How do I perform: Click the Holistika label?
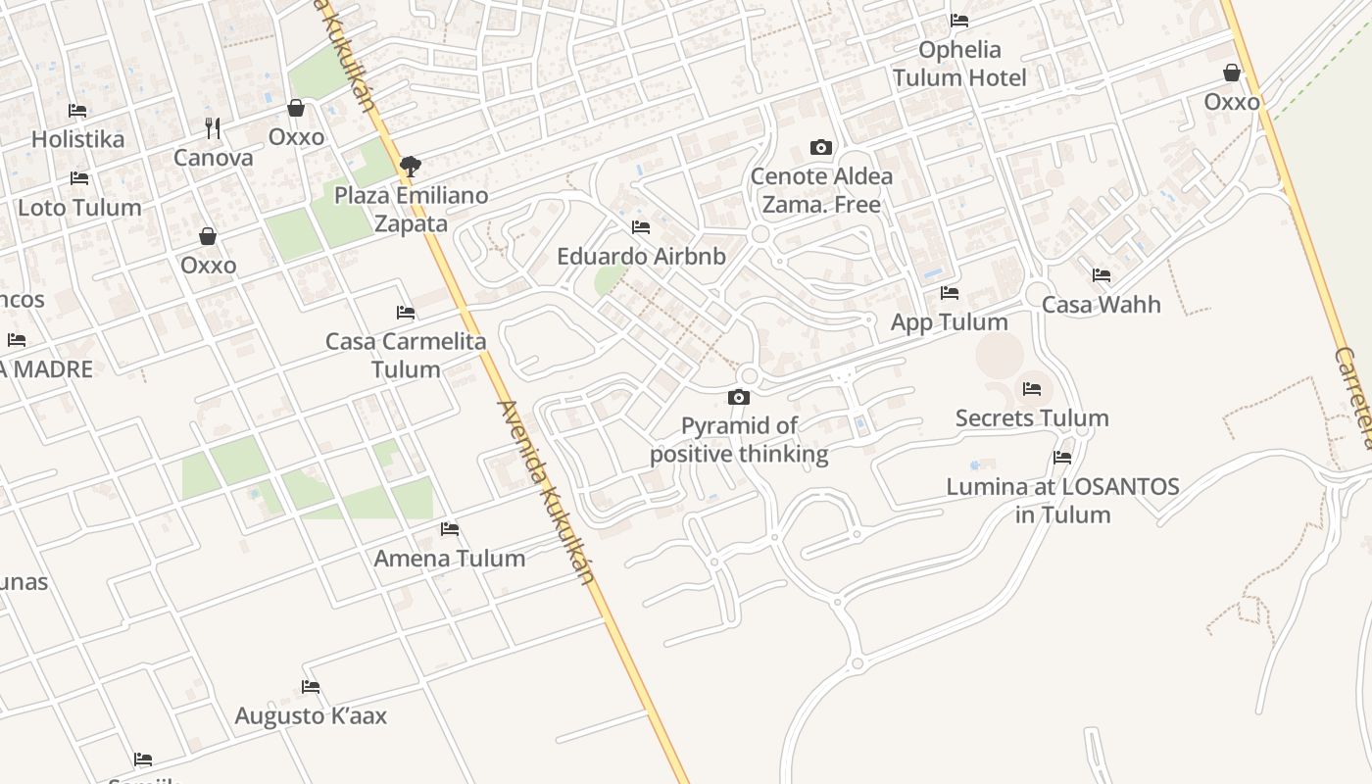coord(78,139)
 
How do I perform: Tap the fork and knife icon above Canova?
coord(213,127)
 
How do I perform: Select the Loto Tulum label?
coord(80,208)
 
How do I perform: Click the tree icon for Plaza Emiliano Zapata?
coord(411,166)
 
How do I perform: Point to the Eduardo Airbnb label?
coord(641,257)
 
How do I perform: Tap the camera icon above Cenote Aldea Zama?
coord(821,148)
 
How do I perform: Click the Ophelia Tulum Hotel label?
coord(959,64)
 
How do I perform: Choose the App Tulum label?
coord(949,322)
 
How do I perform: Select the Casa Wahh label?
coord(1101,305)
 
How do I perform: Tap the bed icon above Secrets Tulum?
coord(1031,389)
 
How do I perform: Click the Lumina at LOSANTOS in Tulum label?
coord(1062,500)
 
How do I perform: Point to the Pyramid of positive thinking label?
coord(739,440)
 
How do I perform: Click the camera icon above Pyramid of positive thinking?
coord(739,397)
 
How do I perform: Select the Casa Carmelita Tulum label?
coord(406,355)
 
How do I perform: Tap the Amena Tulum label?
coord(450,559)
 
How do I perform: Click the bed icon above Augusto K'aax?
coord(311,687)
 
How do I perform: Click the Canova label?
coord(213,158)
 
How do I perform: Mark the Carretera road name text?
coord(1353,397)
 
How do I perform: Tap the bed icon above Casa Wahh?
coord(1102,275)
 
